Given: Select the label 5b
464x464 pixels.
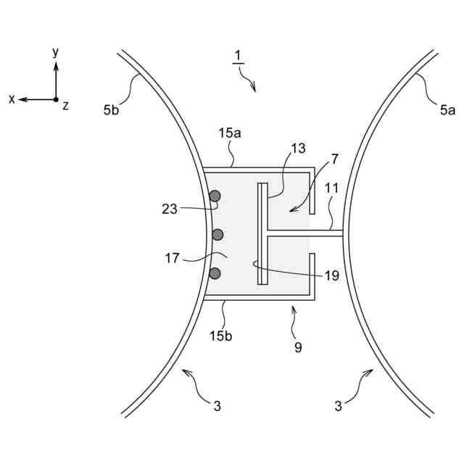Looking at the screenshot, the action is [112, 110].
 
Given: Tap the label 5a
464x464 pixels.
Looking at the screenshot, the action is [447, 110].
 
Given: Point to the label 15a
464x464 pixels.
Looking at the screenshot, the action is [228, 133].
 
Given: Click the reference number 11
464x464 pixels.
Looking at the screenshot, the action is [331, 187].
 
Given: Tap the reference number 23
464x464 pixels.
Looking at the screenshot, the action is [169, 209].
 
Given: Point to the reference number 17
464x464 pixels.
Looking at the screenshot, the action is [172, 257].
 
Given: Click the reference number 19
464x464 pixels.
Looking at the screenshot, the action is [332, 275].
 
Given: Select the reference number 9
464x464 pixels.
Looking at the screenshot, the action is [298, 347].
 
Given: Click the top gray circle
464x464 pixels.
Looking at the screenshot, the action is [215, 196].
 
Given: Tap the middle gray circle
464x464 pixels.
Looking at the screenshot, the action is [217, 234].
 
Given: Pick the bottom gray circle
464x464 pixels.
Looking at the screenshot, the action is [215, 273].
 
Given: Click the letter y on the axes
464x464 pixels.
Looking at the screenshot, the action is [56, 52].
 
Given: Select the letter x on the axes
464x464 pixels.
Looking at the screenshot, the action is [12, 99].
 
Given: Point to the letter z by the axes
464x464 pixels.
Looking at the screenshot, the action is [66, 106].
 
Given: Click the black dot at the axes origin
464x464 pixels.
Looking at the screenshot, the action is [56, 99].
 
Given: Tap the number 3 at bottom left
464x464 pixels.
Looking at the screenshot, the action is [217, 406].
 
